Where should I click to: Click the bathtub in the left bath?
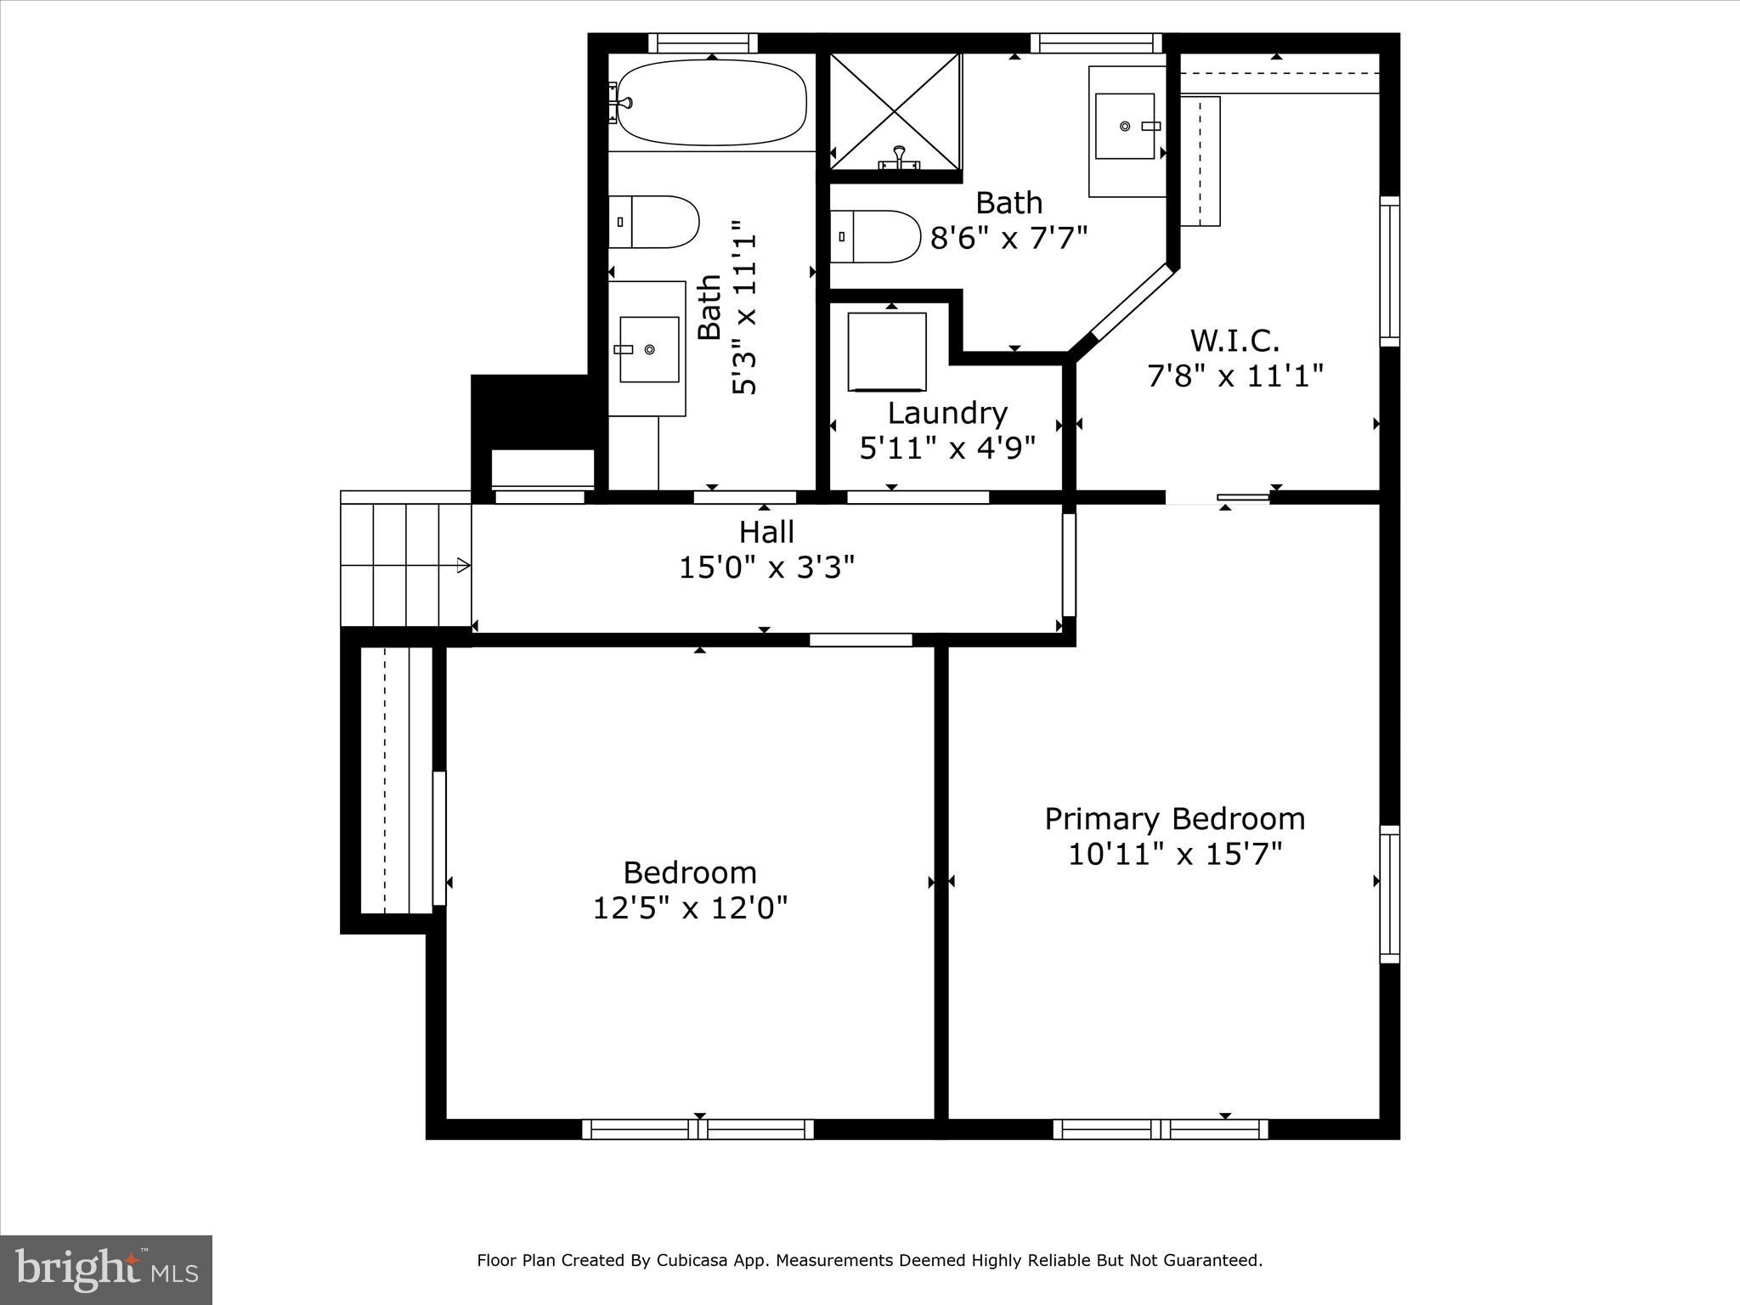712,103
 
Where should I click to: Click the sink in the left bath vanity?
649,349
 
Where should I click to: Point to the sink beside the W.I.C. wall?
1125,127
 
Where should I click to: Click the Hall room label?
766,533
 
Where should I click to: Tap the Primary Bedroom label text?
1174,819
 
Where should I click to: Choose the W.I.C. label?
1234,342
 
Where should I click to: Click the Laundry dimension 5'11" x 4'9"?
947,448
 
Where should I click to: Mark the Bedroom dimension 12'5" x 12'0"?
690,908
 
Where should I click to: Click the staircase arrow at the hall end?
463,565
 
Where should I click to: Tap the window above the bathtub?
703,42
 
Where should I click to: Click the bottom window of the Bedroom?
698,1129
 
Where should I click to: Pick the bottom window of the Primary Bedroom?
1161,1129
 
